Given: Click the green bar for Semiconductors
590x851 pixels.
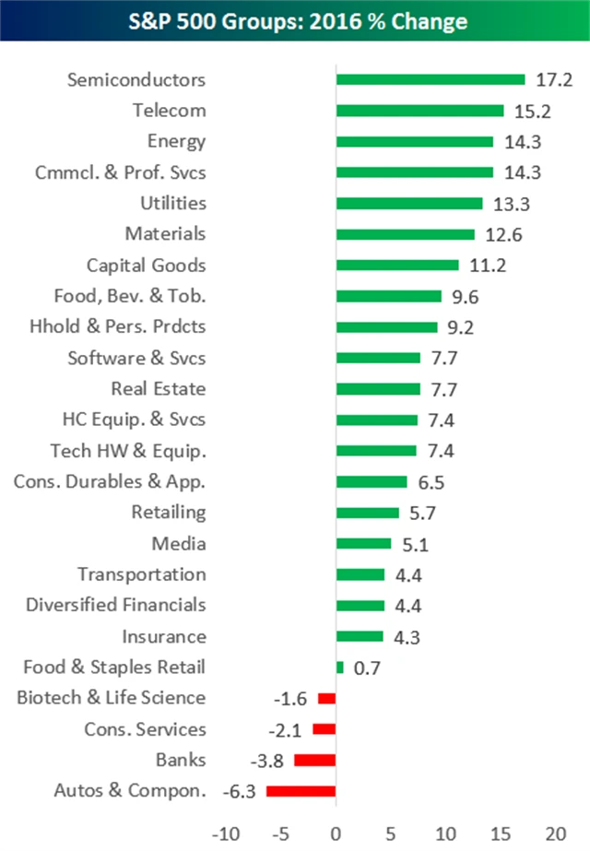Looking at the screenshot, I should click(431, 79).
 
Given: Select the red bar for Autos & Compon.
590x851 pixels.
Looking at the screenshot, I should click(301, 790).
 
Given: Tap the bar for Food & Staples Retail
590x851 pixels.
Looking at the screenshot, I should click(340, 667).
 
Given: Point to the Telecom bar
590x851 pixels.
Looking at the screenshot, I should click(419, 111).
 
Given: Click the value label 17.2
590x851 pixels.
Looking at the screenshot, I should click(553, 79).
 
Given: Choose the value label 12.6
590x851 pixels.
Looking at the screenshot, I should click(503, 234).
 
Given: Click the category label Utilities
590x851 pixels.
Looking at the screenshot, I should click(173, 203).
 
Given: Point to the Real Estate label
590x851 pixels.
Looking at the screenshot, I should click(159, 388).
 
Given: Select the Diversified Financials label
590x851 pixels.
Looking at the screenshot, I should click(116, 605).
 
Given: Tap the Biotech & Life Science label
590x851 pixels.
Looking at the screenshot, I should click(112, 697).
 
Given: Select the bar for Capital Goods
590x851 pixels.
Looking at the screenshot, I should click(397, 265).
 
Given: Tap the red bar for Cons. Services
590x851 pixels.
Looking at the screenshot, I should click(324, 728).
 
